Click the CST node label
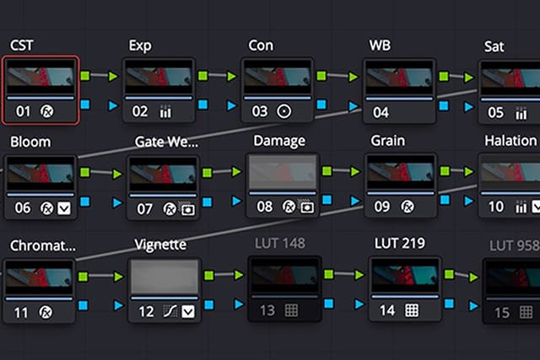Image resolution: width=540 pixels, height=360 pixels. (x=22, y=45)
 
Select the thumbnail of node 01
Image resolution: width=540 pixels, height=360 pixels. (x=40, y=81)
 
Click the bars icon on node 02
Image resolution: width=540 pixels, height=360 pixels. (x=165, y=111)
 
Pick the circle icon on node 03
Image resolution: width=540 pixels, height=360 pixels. (x=284, y=111)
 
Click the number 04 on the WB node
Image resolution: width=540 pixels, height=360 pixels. (x=381, y=111)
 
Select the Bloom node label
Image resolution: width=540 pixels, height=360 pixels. (x=30, y=142)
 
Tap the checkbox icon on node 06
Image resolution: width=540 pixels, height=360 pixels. (x=64, y=207)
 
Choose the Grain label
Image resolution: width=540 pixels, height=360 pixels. (x=387, y=141)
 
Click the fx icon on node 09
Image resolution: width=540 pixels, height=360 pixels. (x=407, y=207)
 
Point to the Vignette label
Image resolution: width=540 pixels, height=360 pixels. (x=160, y=244)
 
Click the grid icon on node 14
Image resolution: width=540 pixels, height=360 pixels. (x=412, y=310)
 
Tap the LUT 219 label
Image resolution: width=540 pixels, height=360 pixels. (x=399, y=244)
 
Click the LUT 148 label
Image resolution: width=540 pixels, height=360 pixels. (x=278, y=244)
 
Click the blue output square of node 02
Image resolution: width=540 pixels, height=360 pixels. (x=203, y=105)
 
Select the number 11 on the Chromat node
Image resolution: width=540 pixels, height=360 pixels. (x=22, y=313)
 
